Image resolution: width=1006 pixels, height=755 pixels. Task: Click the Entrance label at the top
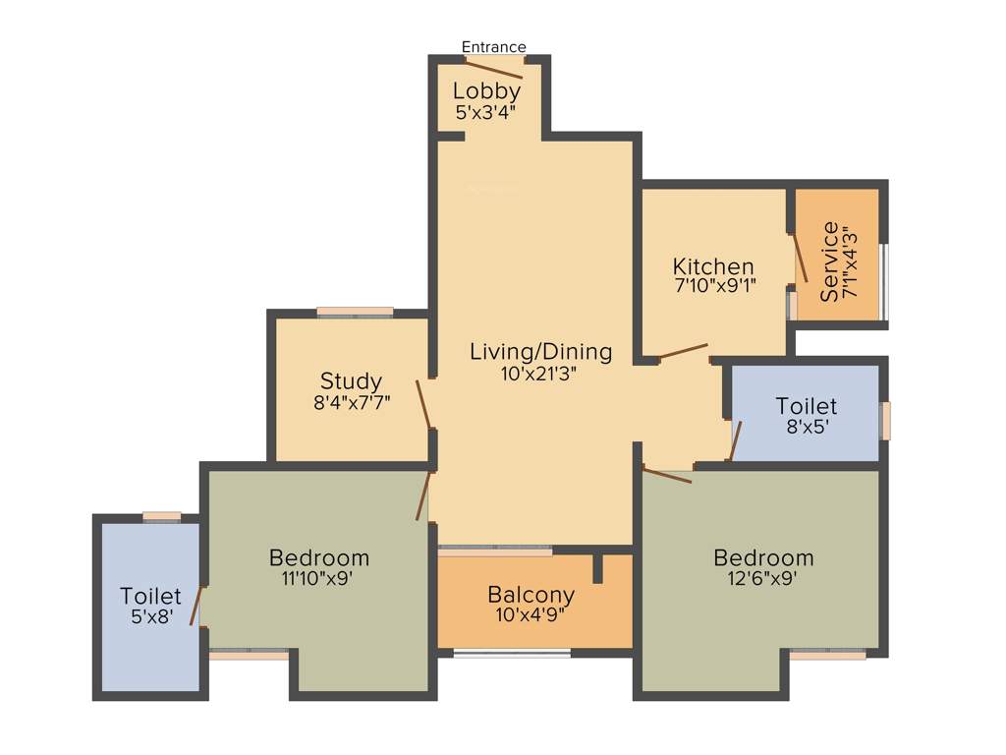[x=493, y=47]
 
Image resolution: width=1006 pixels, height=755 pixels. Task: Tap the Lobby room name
[x=486, y=91]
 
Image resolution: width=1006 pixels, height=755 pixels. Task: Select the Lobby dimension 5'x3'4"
[x=486, y=112]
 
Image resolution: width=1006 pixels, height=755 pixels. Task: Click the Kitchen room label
[x=713, y=266]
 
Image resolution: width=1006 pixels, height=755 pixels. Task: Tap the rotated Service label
[x=829, y=261]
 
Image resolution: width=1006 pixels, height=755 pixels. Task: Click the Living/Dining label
[x=540, y=351]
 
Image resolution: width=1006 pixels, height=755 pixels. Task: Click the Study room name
[x=351, y=380]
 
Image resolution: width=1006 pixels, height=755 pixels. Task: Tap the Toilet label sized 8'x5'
[x=806, y=406]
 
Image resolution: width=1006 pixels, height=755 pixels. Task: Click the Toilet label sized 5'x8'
[x=150, y=596]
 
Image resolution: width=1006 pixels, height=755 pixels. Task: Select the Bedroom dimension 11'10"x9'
[x=318, y=579]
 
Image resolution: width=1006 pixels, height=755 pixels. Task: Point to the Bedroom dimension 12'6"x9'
[x=762, y=579]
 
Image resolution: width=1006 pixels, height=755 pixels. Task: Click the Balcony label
[x=531, y=595]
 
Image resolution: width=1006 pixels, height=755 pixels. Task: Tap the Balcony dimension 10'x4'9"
[x=531, y=615]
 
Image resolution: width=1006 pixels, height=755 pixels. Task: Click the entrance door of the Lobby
[x=494, y=67]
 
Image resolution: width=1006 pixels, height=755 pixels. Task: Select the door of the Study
[x=423, y=403]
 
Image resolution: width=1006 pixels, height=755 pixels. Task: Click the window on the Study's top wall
[x=355, y=313]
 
